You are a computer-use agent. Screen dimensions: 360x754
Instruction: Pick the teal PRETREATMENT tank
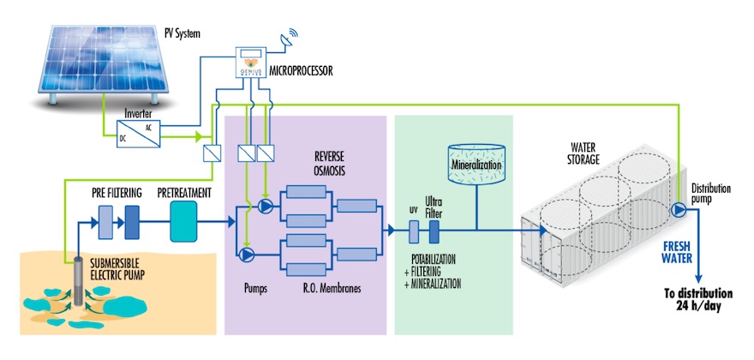pos(183,221)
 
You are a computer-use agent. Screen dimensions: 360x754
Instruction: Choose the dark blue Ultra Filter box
pos(434,231)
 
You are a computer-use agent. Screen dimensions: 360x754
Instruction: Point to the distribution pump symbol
pos(679,209)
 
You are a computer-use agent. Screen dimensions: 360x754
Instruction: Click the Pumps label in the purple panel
pos(255,289)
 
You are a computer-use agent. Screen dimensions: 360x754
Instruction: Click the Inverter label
pos(139,111)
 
